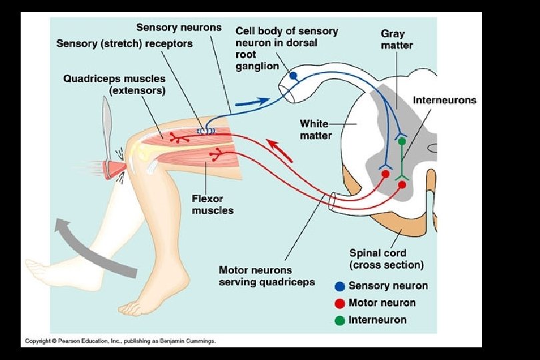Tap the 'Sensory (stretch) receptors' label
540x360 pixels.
[124, 43]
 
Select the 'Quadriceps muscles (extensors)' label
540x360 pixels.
[115, 84]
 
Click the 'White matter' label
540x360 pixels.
[315, 129]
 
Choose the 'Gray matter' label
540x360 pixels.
[397, 39]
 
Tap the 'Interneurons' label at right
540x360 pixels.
[445, 100]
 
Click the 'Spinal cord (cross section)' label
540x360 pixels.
[387, 259]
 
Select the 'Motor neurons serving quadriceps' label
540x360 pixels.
[267, 276]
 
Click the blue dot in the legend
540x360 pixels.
[340, 286]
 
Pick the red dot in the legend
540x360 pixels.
[340, 303]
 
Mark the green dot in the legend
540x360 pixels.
[340, 320]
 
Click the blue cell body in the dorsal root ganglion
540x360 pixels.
[293, 76]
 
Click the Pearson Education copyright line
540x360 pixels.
[120, 341]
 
